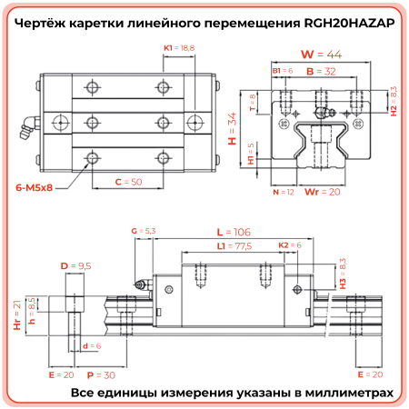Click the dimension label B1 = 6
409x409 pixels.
coord(282,69)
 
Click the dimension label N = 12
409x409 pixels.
coord(284,192)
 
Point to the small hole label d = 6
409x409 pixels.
coord(92,346)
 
